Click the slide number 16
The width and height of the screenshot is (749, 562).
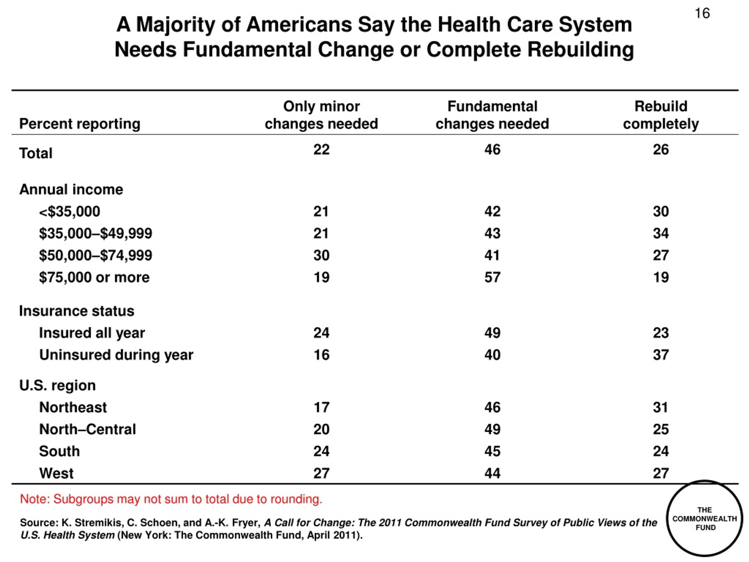click(702, 13)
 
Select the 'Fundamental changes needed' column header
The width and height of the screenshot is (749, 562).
click(492, 115)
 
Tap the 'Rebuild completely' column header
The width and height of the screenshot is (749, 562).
click(661, 115)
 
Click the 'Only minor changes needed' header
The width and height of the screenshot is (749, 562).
click(321, 115)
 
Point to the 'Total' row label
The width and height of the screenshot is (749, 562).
click(36, 153)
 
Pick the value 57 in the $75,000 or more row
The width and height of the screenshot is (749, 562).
click(492, 277)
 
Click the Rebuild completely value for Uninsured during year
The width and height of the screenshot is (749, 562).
click(661, 355)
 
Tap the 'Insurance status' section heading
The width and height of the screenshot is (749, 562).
click(77, 311)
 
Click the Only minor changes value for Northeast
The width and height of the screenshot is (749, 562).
click(321, 407)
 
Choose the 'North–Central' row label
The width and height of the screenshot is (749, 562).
click(87, 429)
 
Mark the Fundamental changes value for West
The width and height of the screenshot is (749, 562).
click(492, 473)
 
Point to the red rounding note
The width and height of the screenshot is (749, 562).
click(171, 499)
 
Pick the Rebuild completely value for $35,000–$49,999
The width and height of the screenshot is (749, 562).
click(661, 233)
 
